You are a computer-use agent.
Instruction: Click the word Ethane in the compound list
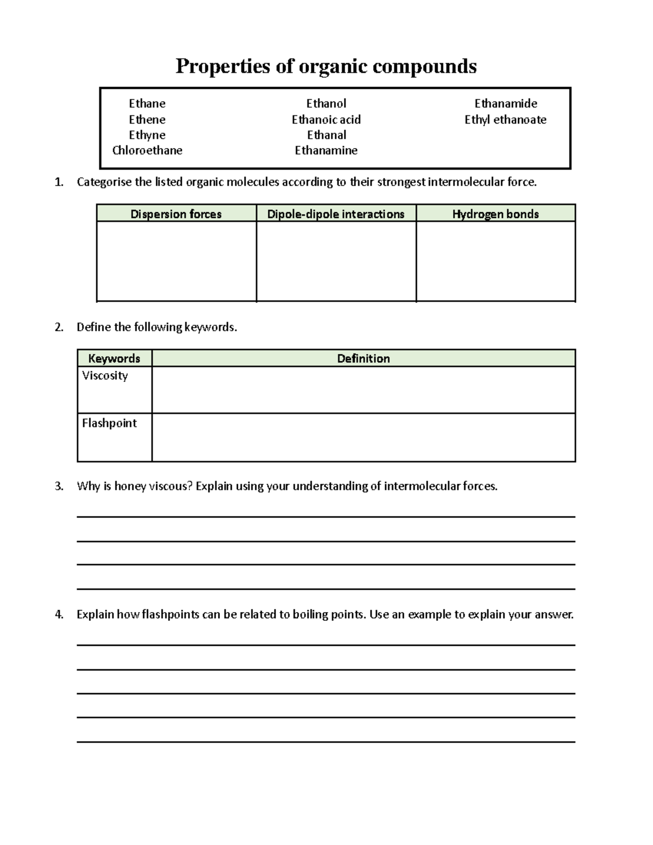[147, 103]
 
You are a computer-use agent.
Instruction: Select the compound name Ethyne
[147, 135]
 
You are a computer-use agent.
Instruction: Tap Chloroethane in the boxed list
[147, 151]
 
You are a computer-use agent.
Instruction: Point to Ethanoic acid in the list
[326, 120]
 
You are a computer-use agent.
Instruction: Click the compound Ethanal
[326, 135]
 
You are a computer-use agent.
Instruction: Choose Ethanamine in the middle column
[326, 151]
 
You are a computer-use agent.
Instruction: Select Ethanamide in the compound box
[506, 103]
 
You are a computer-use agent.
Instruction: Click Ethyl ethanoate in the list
[506, 120]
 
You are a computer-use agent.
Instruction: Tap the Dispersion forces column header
[176, 214]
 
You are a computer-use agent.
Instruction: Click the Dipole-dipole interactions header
[336, 214]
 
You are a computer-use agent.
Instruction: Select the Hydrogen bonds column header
[495, 214]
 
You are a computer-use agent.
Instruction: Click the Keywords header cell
[114, 359]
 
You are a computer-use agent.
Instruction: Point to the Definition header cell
[364, 359]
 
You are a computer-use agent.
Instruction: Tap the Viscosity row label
[105, 375]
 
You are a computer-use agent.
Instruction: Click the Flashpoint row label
[109, 423]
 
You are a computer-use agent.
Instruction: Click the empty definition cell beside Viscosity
[364, 390]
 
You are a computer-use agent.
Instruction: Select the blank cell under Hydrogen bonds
[495, 261]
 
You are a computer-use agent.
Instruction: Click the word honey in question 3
[130, 486]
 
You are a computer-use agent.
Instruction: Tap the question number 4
[59, 615]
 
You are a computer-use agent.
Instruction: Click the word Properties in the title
[223, 66]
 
